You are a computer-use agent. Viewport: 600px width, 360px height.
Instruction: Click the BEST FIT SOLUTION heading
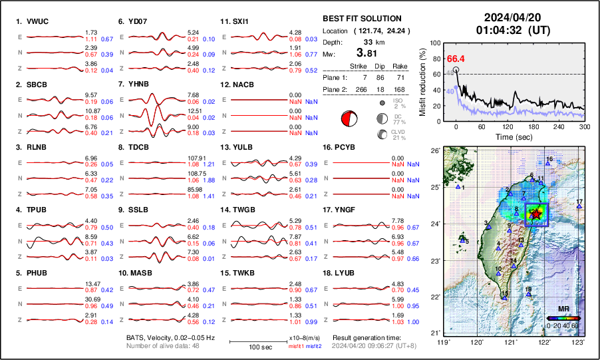(362, 19)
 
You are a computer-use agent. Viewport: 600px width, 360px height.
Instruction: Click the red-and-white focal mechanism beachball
(349, 120)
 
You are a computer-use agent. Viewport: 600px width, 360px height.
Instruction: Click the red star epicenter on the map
(537, 214)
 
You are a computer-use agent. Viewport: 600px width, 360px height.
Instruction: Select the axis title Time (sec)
(513, 136)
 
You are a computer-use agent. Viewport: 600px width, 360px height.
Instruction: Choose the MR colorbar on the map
(563, 318)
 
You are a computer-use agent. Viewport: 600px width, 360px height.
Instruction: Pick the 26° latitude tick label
(432, 152)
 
